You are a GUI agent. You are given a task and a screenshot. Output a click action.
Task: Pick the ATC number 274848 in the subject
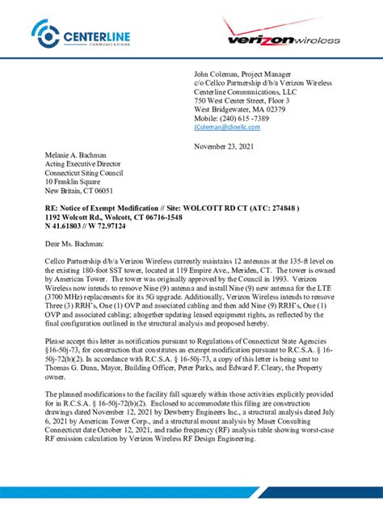coord(280,208)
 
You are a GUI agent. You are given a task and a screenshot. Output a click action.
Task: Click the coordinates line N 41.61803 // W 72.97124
coord(86,227)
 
